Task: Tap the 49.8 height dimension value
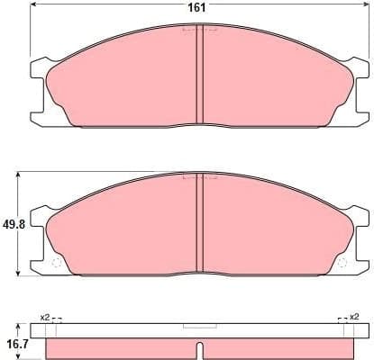coord(12,222)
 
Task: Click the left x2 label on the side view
coord(46,317)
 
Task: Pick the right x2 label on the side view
coord(354,317)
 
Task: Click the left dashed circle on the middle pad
coord(55,263)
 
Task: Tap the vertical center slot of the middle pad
coord(198,225)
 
